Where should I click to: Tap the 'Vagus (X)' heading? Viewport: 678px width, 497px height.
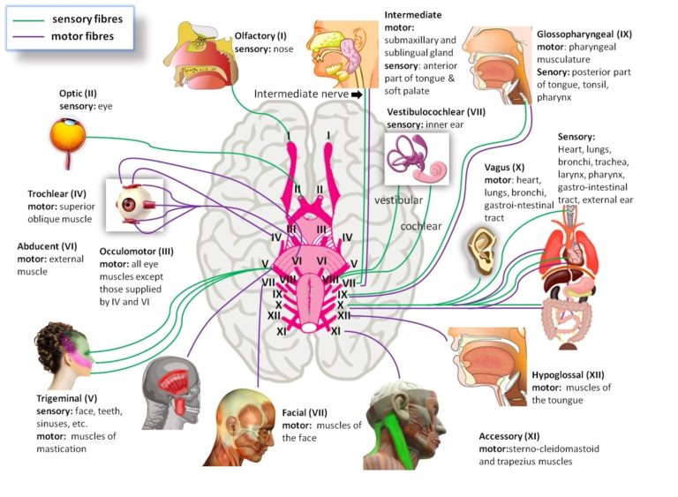505,167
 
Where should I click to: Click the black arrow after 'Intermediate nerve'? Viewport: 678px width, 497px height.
357,94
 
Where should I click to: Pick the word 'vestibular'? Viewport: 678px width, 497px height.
398,200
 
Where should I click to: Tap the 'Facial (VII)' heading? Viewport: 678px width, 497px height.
310,412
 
